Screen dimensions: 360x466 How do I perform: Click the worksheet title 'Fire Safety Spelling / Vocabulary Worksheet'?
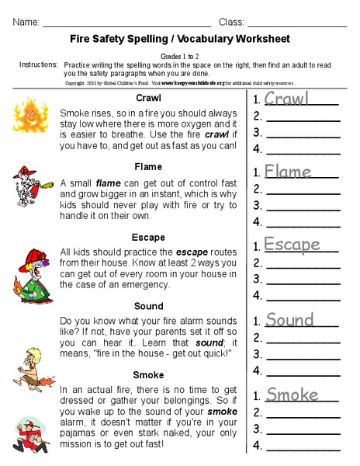(x=179, y=38)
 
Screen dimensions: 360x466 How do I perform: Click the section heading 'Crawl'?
(x=148, y=98)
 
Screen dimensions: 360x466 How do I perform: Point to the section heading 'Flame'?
(x=148, y=165)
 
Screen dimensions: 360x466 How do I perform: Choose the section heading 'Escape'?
(x=148, y=236)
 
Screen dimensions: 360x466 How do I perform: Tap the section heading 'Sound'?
(x=148, y=306)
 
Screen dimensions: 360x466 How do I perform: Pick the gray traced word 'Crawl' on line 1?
(x=286, y=99)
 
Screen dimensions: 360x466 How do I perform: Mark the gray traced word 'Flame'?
(x=287, y=172)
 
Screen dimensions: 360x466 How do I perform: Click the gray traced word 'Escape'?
(x=292, y=245)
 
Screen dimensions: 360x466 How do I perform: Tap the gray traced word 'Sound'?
(x=289, y=320)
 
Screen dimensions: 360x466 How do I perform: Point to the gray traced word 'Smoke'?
(x=292, y=395)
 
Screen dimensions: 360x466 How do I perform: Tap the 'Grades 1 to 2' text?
(x=179, y=56)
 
